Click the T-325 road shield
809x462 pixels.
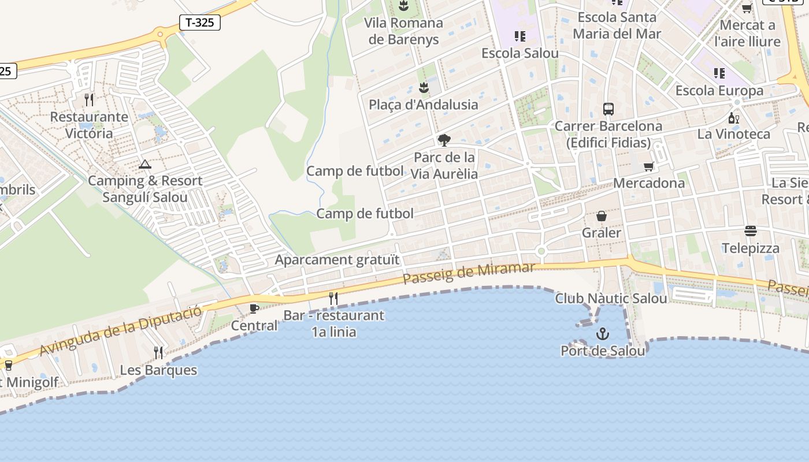pyautogui.click(x=200, y=23)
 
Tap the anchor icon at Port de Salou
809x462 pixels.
pyautogui.click(x=603, y=334)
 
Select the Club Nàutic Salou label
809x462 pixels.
pyautogui.click(x=611, y=298)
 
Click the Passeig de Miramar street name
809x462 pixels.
pyautogui.click(x=469, y=273)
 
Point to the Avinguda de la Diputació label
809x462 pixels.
pyautogui.click(x=121, y=330)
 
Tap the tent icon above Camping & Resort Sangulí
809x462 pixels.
pyautogui.click(x=145, y=165)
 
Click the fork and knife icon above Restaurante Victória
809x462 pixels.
pyautogui.click(x=89, y=100)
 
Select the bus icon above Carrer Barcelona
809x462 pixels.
pyautogui.click(x=608, y=109)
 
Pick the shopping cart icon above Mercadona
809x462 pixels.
pyautogui.click(x=648, y=167)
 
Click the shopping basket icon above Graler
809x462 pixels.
pyautogui.click(x=602, y=216)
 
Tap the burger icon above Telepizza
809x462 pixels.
pyautogui.click(x=751, y=231)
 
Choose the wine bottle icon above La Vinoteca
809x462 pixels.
pyautogui.click(x=734, y=118)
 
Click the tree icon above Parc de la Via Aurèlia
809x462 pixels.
pyautogui.click(x=444, y=140)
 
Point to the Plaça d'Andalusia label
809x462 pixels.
pyautogui.click(x=424, y=105)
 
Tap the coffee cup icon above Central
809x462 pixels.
pyautogui.click(x=254, y=308)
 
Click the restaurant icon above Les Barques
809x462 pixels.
pyautogui.click(x=158, y=352)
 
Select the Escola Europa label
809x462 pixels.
pyautogui.click(x=719, y=91)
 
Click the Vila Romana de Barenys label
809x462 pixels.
pyautogui.click(x=403, y=31)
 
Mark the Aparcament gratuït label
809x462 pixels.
pyautogui.click(x=337, y=259)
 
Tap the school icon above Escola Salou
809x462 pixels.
pyautogui.click(x=520, y=36)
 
